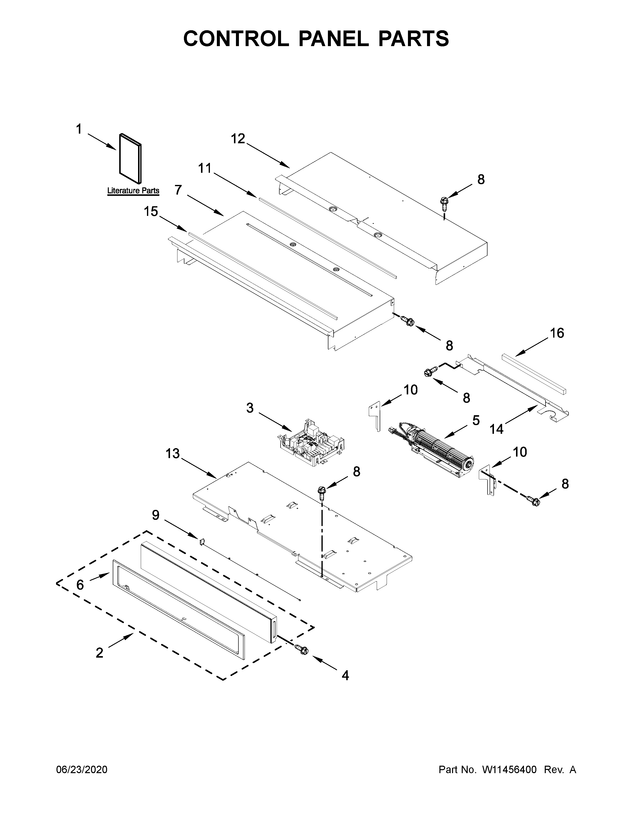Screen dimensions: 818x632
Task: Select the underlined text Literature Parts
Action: [133, 191]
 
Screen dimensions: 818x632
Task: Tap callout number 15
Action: [151, 212]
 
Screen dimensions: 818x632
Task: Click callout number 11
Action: [205, 169]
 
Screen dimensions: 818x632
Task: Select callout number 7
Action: [178, 190]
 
